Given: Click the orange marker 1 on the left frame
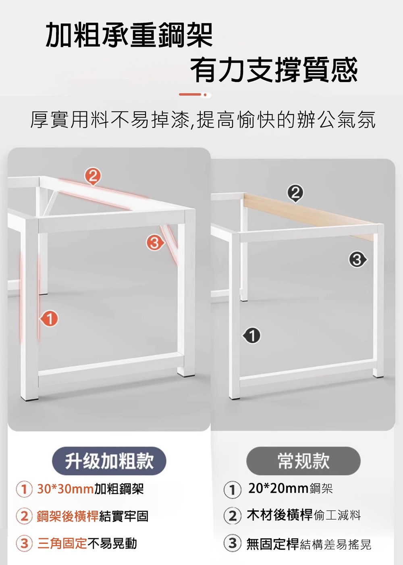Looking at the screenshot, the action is point(50,319).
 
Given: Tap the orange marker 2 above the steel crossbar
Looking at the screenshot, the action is point(93,177).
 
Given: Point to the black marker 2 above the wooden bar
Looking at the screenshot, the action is point(296,194).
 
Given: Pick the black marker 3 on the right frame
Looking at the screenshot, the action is point(358,260).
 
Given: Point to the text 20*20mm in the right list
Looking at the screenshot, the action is point(278,488).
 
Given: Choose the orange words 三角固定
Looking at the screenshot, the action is point(62,543).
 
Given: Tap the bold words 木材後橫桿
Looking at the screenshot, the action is point(280,515).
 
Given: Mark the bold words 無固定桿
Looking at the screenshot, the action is point(273,543).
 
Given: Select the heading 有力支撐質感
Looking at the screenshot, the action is point(274,69).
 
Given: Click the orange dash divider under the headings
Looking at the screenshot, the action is point(195,95).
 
